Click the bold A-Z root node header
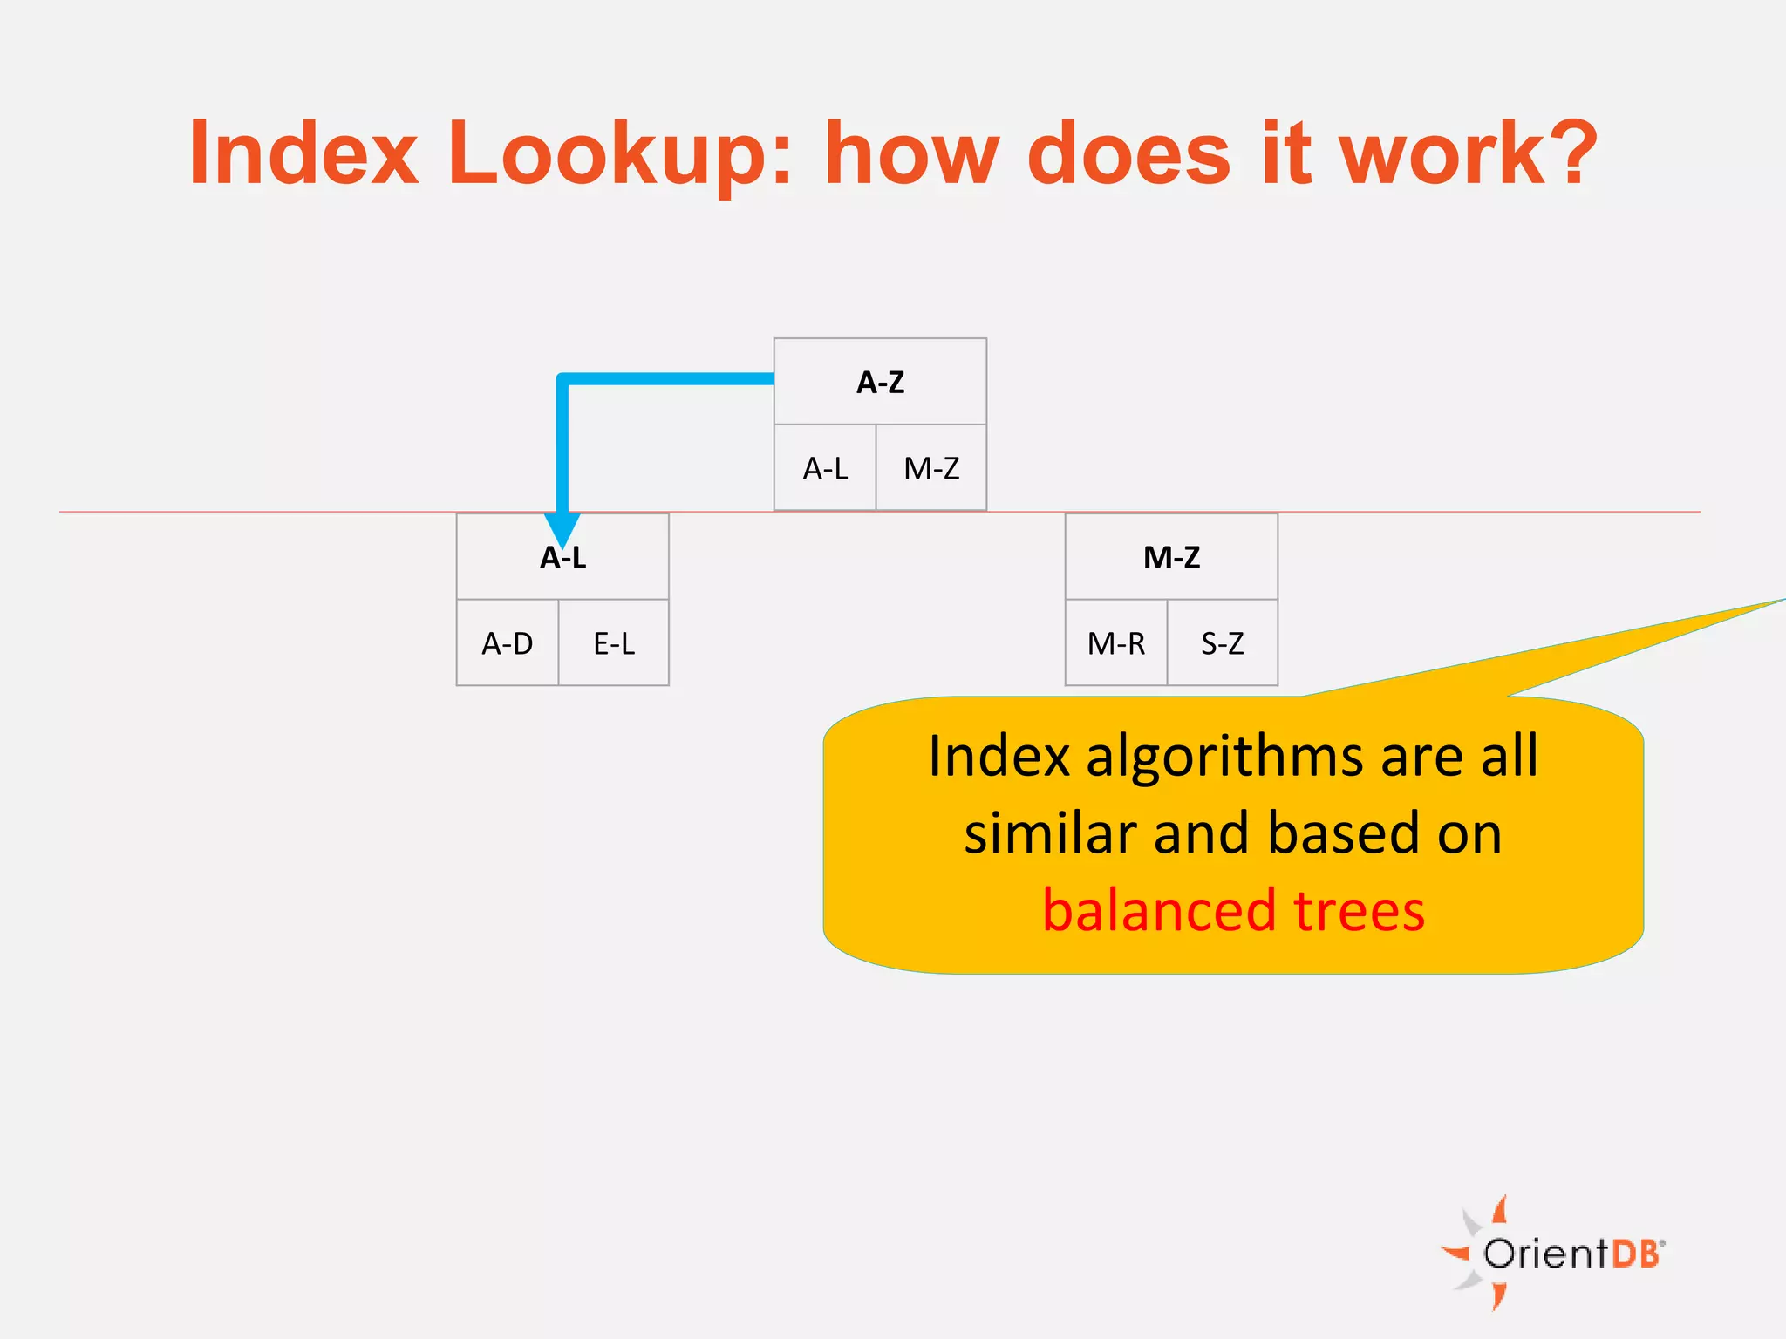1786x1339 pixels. (880, 382)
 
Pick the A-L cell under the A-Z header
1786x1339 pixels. (825, 469)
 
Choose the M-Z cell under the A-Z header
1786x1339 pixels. (931, 469)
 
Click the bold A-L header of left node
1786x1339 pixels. (562, 557)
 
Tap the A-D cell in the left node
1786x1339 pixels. (507, 644)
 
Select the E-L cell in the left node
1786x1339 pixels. (614, 644)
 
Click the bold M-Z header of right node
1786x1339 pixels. (1171, 557)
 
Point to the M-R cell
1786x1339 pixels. (1115, 644)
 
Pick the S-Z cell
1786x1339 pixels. (1222, 644)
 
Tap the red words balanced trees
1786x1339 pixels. (1233, 911)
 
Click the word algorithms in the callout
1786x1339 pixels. (1225, 756)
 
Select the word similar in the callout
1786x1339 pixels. (1050, 833)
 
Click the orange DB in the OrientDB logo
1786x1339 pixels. (1635, 1254)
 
